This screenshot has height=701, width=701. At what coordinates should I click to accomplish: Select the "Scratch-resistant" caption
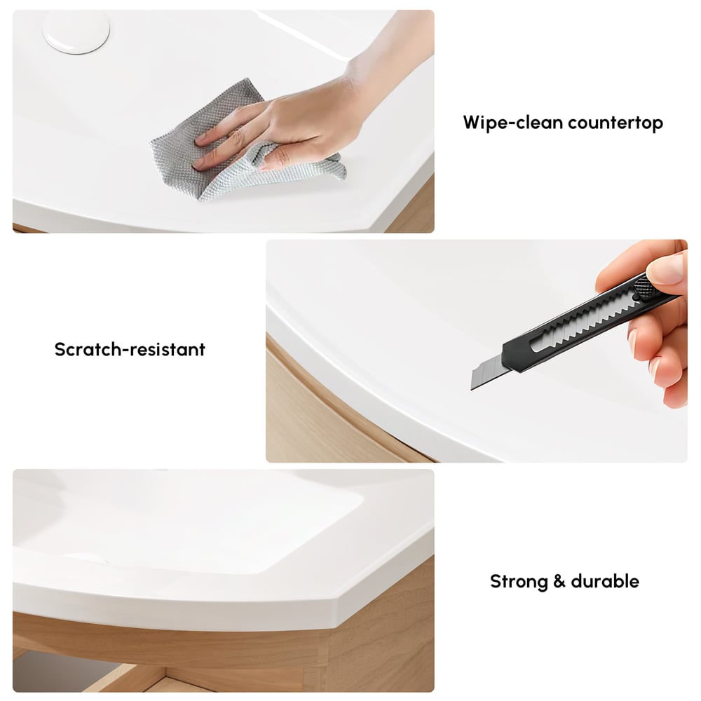130,349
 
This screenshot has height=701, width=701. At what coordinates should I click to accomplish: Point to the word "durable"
604,581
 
